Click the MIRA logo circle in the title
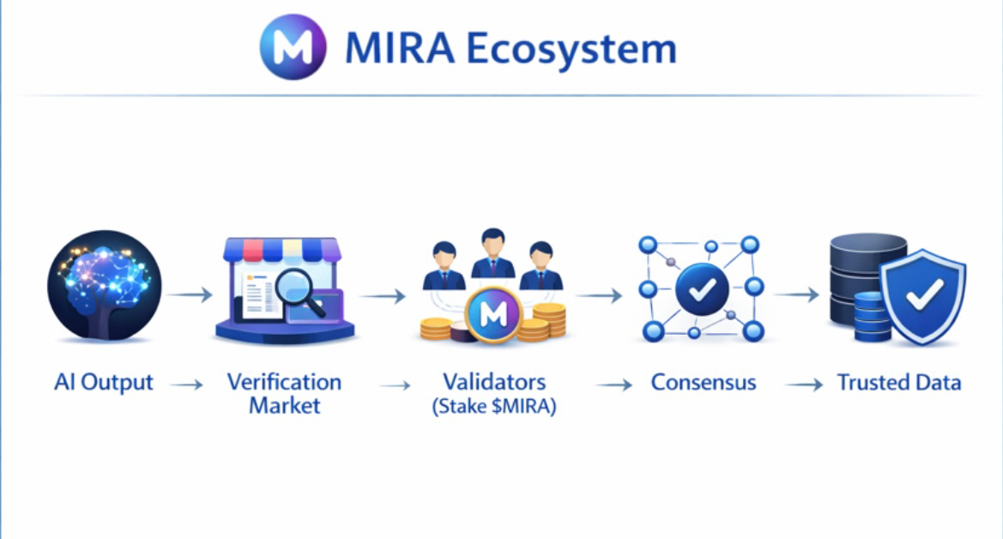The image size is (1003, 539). [x=293, y=47]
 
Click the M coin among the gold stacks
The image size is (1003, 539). [x=493, y=315]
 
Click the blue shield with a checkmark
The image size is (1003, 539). [x=924, y=296]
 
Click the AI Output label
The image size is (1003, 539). [x=103, y=382]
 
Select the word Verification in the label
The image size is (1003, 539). [x=284, y=382]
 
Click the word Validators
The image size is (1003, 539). [x=494, y=381]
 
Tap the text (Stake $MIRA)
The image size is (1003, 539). [x=494, y=406]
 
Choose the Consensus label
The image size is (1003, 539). [x=704, y=382]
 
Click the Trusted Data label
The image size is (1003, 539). [x=899, y=382]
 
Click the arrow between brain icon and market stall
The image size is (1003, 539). [x=190, y=295]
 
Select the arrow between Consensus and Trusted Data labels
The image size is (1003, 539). [x=804, y=385]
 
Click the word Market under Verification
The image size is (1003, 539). [x=284, y=405]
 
